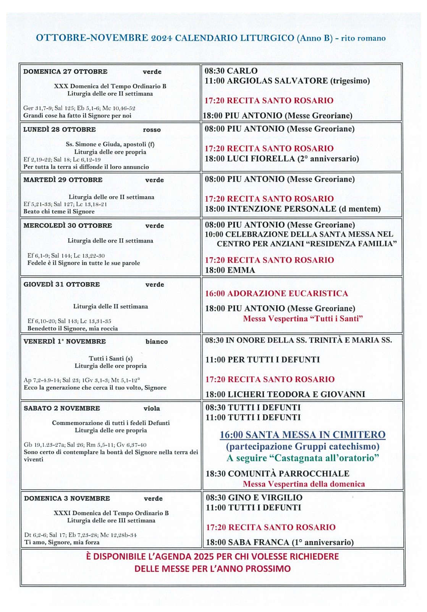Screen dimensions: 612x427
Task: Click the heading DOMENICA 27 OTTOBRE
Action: pyautogui.click(x=65, y=72)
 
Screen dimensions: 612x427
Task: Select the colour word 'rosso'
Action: pyautogui.click(x=152, y=130)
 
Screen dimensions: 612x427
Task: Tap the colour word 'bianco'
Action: pyautogui.click(x=157, y=342)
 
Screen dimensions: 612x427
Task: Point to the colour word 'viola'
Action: pyautogui.click(x=152, y=409)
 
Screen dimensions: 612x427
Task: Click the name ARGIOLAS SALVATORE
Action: pyautogui.click(x=277, y=81)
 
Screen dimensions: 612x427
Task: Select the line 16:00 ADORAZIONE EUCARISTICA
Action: pyautogui.click(x=277, y=293)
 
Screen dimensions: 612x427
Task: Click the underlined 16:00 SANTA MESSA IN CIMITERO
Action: pyautogui.click(x=302, y=435)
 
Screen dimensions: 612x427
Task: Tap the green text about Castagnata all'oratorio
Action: pyautogui.click(x=303, y=458)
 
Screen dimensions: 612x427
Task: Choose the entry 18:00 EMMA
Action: pyautogui.click(x=230, y=270)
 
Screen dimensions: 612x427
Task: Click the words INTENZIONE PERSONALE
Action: pyautogui.click(x=282, y=209)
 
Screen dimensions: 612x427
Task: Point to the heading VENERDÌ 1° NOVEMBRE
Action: pyautogui.click(x=65, y=342)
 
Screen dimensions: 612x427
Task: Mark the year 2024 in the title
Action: pyautogui.click(x=162, y=38)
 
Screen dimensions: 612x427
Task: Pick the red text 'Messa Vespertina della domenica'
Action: pyautogui.click(x=304, y=484)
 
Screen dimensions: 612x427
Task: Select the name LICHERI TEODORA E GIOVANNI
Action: pyautogui.click(x=296, y=394)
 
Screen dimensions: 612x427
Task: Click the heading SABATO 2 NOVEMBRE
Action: pyautogui.click(x=62, y=409)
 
